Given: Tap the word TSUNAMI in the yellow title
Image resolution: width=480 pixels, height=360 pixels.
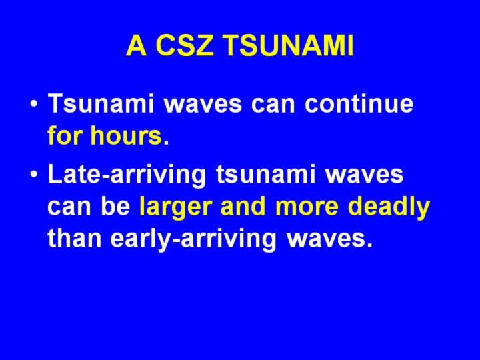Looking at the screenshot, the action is click(289, 45).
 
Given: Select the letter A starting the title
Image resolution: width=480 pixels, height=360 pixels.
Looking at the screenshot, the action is click(136, 45).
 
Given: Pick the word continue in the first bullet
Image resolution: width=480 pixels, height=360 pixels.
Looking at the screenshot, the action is click(359, 103).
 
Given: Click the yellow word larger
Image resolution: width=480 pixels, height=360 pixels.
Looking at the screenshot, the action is click(176, 207).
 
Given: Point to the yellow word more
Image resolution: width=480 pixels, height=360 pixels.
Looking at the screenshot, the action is click(307, 209).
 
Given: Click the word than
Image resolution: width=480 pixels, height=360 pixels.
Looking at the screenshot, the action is click(75, 238).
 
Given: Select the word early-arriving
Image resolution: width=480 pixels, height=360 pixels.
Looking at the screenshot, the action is click(193, 240).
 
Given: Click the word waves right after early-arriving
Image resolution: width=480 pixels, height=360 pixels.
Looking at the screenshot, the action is click(329, 240).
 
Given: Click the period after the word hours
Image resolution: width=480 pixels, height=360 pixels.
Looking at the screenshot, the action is click(166, 143).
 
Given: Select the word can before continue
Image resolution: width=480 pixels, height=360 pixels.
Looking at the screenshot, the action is click(273, 105).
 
